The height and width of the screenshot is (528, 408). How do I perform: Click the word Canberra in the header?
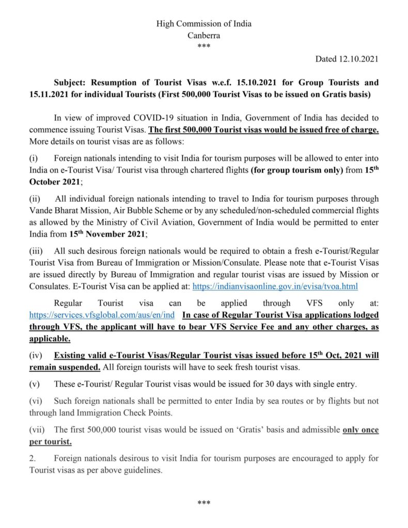point(204,35)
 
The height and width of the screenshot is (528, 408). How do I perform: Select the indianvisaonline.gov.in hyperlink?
point(275,286)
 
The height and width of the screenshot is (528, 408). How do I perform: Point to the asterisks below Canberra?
point(204,47)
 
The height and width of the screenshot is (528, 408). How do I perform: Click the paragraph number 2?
point(32,458)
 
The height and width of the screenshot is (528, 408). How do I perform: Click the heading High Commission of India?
point(204,24)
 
